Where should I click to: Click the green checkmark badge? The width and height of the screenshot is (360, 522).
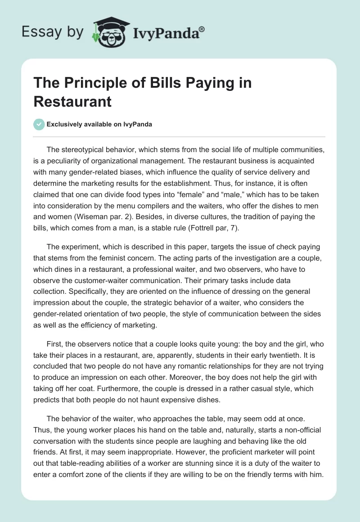click(39, 124)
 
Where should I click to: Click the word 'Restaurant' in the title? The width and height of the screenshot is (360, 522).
click(72, 101)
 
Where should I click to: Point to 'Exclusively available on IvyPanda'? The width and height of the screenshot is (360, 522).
click(99, 124)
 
